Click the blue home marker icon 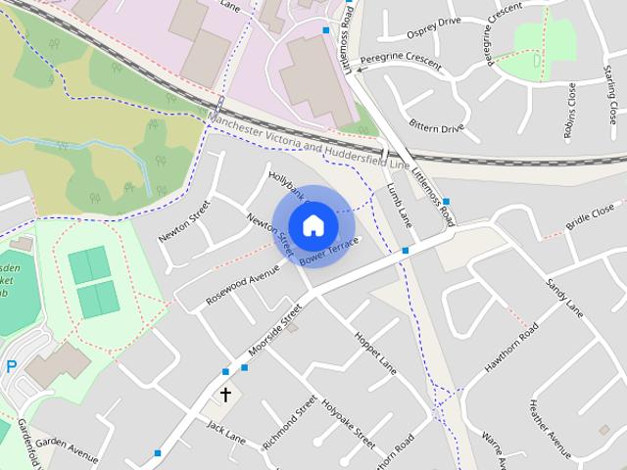click(x=313, y=225)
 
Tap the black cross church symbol click(x=225, y=395)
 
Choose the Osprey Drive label click(x=433, y=22)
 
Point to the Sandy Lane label click(x=565, y=298)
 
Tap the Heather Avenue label click(x=549, y=421)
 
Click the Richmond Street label click(x=291, y=423)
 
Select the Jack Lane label click(x=225, y=432)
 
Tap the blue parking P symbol click(x=12, y=368)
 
